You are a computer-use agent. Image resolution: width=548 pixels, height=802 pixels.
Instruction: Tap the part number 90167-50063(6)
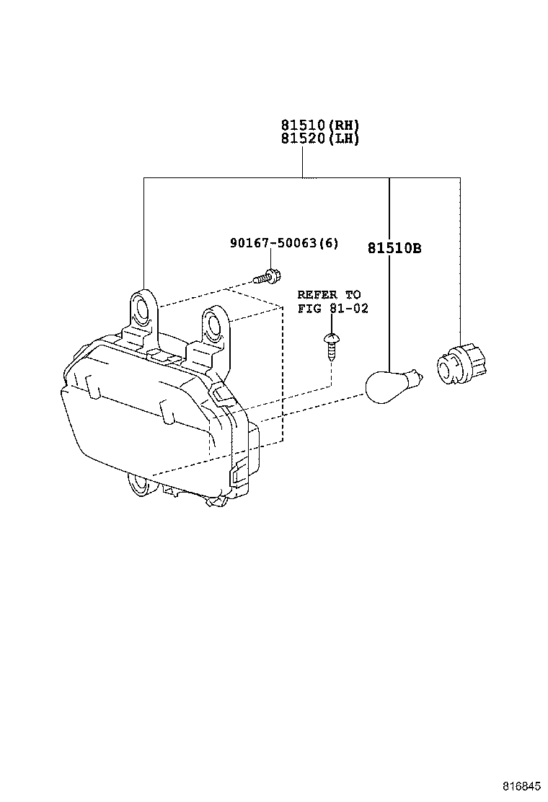pos(283,244)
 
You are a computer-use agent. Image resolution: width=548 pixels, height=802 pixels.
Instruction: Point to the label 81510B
pos(394,248)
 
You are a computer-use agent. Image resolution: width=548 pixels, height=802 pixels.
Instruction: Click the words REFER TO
pos(329,295)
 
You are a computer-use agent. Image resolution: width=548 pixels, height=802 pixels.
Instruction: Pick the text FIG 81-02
pos(332,309)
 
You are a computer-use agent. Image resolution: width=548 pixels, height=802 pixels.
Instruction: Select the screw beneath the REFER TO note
pos(331,346)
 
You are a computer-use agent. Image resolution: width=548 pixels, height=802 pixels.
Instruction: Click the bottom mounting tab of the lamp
pos(139,485)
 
